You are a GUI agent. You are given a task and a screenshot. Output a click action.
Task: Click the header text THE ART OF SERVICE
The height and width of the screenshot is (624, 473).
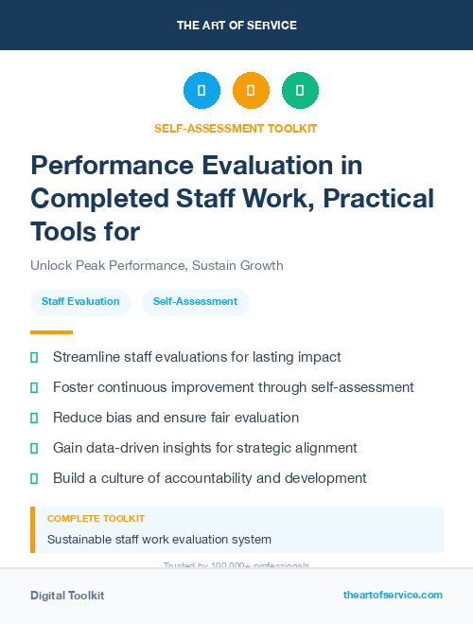pyautogui.click(x=236, y=25)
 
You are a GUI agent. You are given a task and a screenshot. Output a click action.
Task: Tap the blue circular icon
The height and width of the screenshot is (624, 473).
pyautogui.click(x=201, y=90)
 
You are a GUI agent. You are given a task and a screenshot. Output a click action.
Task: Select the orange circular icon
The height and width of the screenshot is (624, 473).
pyautogui.click(x=251, y=90)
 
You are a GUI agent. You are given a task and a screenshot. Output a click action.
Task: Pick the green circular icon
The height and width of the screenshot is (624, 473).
pyautogui.click(x=300, y=90)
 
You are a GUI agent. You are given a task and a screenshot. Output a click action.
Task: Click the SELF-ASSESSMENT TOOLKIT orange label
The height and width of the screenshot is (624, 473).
pyautogui.click(x=236, y=128)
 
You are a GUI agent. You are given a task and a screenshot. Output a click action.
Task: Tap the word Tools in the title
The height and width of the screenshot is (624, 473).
pyautogui.click(x=63, y=231)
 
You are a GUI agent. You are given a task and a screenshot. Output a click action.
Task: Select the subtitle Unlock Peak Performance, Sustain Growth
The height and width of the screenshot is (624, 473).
pyautogui.click(x=156, y=266)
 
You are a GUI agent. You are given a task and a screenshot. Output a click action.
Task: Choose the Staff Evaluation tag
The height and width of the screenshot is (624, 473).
pyautogui.click(x=80, y=302)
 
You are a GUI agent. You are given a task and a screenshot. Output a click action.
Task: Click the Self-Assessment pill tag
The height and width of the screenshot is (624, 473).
pyautogui.click(x=195, y=302)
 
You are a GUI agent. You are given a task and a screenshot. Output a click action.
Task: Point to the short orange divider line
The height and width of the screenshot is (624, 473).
pyautogui.click(x=51, y=332)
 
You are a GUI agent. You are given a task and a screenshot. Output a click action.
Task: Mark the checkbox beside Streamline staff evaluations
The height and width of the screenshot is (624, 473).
pyautogui.click(x=35, y=357)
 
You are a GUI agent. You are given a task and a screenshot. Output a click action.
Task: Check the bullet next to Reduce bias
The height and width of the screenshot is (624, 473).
pyautogui.click(x=35, y=418)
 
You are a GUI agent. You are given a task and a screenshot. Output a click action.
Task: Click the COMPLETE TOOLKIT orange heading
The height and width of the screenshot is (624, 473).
pyautogui.click(x=96, y=519)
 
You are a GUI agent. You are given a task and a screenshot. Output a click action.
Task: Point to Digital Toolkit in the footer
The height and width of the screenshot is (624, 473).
pyautogui.click(x=67, y=596)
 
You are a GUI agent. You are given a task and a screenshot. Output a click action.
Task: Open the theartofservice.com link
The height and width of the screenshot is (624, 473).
pyautogui.click(x=393, y=595)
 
